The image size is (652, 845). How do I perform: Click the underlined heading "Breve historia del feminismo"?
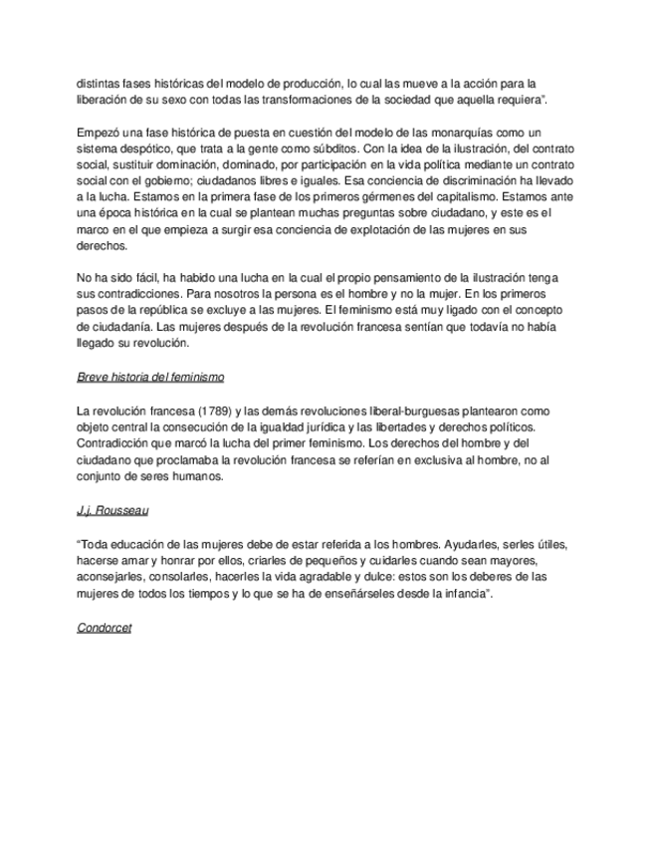point(149,378)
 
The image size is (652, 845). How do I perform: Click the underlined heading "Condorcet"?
point(105,629)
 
